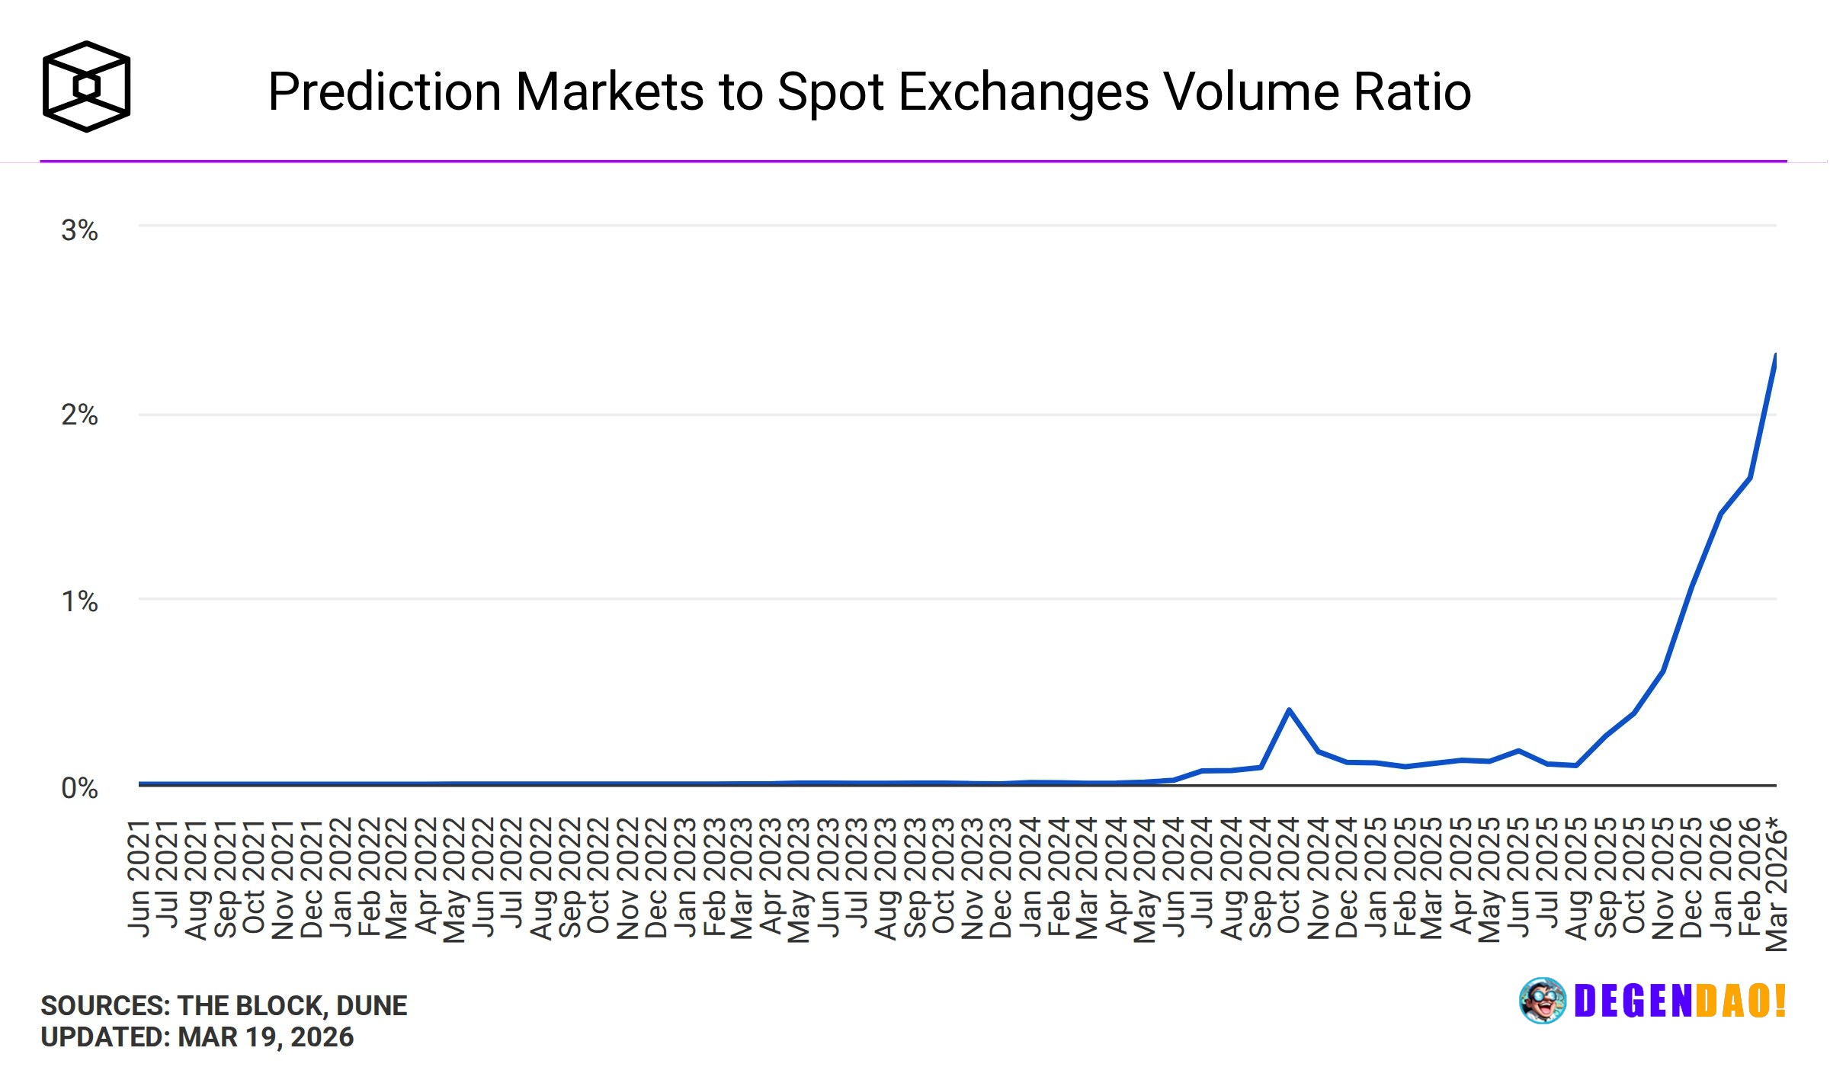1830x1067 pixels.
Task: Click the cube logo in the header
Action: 86,86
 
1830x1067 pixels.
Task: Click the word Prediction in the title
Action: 384,92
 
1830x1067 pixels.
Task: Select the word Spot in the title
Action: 830,92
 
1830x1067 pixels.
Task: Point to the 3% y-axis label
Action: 79,230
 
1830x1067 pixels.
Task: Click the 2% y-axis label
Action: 79,415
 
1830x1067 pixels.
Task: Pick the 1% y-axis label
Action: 79,601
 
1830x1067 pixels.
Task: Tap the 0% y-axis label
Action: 79,788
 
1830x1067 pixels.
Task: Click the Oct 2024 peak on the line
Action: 1289,710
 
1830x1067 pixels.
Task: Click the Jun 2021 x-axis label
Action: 139,877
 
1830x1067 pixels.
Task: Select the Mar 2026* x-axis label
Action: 1777,884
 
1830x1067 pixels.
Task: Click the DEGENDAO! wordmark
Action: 1680,1001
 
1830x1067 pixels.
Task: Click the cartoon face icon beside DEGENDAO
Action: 1543,1001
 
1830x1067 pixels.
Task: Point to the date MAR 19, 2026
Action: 266,1037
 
